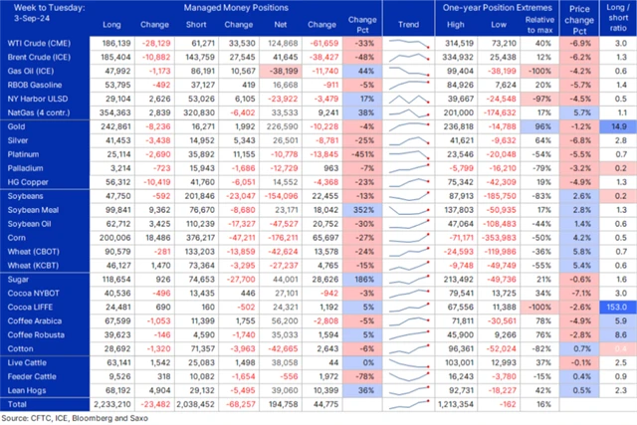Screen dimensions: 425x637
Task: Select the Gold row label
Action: (15, 128)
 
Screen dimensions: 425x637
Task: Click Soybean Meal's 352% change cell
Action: (364, 212)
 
